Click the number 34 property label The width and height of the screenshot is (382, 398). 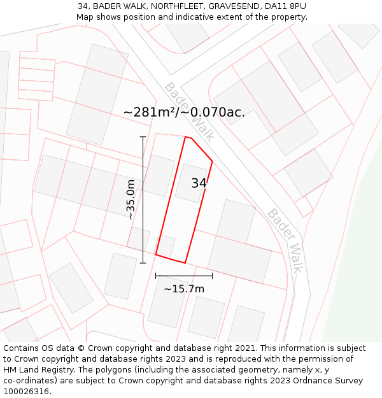(199, 183)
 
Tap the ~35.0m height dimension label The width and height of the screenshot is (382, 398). (131, 200)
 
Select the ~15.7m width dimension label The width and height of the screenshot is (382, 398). (184, 289)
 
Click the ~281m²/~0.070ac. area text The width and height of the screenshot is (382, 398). (184, 113)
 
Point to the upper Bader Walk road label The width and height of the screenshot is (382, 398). (189, 111)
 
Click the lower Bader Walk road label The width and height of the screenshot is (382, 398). (285, 240)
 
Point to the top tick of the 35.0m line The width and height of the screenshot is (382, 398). (143, 137)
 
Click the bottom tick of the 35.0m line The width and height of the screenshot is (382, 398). (143, 262)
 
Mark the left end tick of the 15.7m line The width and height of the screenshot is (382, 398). (156, 276)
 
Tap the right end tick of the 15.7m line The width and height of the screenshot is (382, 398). (212, 276)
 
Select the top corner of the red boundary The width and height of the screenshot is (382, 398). (186, 136)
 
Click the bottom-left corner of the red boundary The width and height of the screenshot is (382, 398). (156, 255)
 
